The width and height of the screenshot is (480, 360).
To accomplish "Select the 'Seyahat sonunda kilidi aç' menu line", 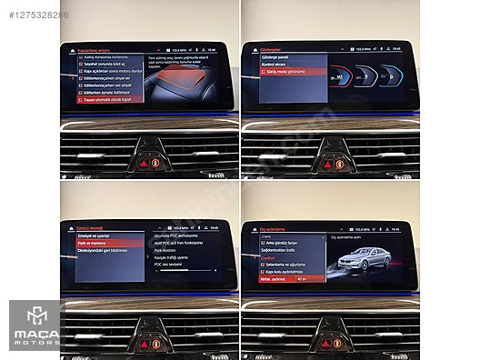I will point(105,65).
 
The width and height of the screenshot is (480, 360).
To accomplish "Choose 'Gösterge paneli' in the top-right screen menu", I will point(277,55).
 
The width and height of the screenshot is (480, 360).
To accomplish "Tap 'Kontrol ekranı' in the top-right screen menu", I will point(276,63).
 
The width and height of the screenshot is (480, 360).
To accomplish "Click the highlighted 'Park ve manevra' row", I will point(95,244).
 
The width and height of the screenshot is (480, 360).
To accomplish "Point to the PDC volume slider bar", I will point(185,271).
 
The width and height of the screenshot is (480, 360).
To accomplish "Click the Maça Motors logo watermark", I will point(34,325).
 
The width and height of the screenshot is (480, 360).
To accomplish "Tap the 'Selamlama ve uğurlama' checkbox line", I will point(286,265).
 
